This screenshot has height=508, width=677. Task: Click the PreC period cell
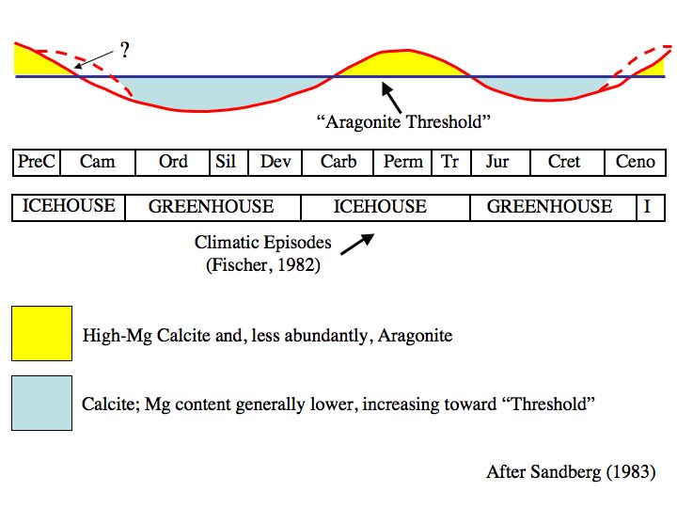[x=37, y=162]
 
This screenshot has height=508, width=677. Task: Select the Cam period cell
[x=98, y=162]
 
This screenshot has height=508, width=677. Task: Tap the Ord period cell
[x=173, y=162]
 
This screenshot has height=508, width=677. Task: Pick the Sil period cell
[x=226, y=162]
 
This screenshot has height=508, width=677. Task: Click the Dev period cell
[x=276, y=162]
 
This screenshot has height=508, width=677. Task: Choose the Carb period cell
[x=338, y=162]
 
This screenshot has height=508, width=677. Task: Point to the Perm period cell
[x=403, y=162]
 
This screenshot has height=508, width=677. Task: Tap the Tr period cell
[x=450, y=162]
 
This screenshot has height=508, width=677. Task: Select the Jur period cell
[x=497, y=162]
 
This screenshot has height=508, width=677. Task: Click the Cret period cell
[x=564, y=162]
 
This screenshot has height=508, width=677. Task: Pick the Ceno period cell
[x=636, y=162]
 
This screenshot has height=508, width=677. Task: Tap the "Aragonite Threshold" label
[x=403, y=121]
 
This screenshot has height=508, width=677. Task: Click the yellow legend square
[x=41, y=333]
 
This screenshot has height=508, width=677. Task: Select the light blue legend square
[x=41, y=404]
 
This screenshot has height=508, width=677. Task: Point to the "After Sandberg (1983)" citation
[x=571, y=472]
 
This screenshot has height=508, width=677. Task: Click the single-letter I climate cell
[x=648, y=207]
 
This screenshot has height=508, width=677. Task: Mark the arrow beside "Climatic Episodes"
[x=356, y=243]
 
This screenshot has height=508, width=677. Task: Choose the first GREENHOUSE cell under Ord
[x=212, y=207]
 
